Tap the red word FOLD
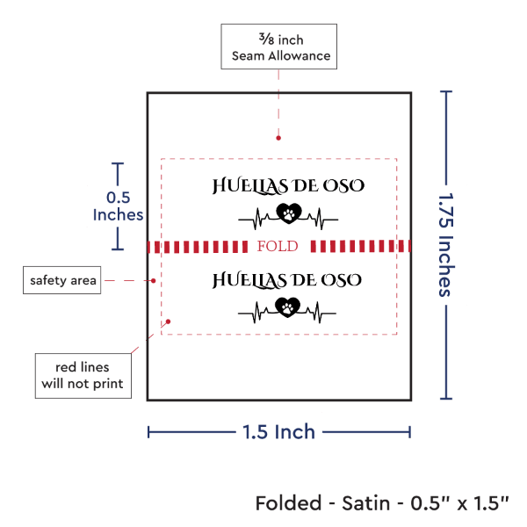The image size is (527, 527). pyautogui.click(x=277, y=246)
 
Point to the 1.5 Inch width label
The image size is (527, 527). pyautogui.click(x=279, y=431)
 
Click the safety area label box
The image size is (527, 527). pyautogui.click(x=61, y=280)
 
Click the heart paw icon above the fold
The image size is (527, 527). pyautogui.click(x=287, y=213)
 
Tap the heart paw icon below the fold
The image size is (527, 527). pyautogui.click(x=287, y=307)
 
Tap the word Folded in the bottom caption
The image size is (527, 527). pyautogui.click(x=286, y=503)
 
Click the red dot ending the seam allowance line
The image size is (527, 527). pyautogui.click(x=278, y=137)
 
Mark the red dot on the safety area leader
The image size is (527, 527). pyautogui.click(x=155, y=281)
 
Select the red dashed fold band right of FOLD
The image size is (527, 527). pyautogui.click(x=360, y=246)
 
